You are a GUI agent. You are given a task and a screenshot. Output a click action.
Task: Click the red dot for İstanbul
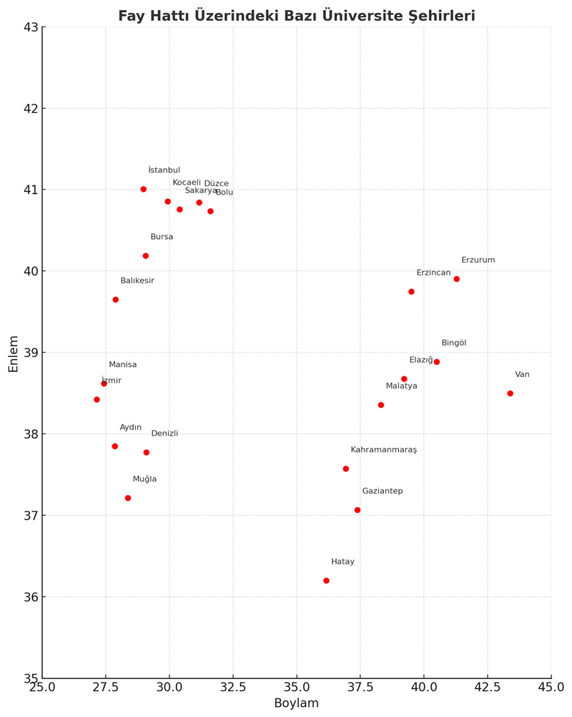(144, 189)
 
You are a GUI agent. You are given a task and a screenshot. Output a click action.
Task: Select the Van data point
(510, 393)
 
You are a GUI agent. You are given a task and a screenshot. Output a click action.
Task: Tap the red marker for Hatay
(326, 580)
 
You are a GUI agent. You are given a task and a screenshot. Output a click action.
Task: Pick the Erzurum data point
(456, 278)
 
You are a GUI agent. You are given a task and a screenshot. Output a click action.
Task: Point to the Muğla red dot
(128, 498)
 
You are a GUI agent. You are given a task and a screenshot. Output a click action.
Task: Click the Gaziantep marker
(357, 509)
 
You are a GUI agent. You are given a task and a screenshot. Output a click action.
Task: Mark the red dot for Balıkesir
(116, 299)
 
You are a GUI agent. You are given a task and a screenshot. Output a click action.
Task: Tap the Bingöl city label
(453, 343)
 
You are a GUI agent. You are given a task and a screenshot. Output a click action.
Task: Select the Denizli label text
(164, 433)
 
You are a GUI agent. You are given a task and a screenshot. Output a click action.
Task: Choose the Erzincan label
(433, 272)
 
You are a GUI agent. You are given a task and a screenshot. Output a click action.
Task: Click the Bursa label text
(162, 236)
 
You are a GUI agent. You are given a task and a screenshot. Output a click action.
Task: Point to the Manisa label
(122, 364)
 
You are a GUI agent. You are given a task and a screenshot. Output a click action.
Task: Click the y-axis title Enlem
(14, 353)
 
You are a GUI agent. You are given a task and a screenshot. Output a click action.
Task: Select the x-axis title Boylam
(296, 703)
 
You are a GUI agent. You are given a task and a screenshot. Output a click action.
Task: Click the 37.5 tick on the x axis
(360, 686)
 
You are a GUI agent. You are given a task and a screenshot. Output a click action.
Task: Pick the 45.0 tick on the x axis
(551, 686)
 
